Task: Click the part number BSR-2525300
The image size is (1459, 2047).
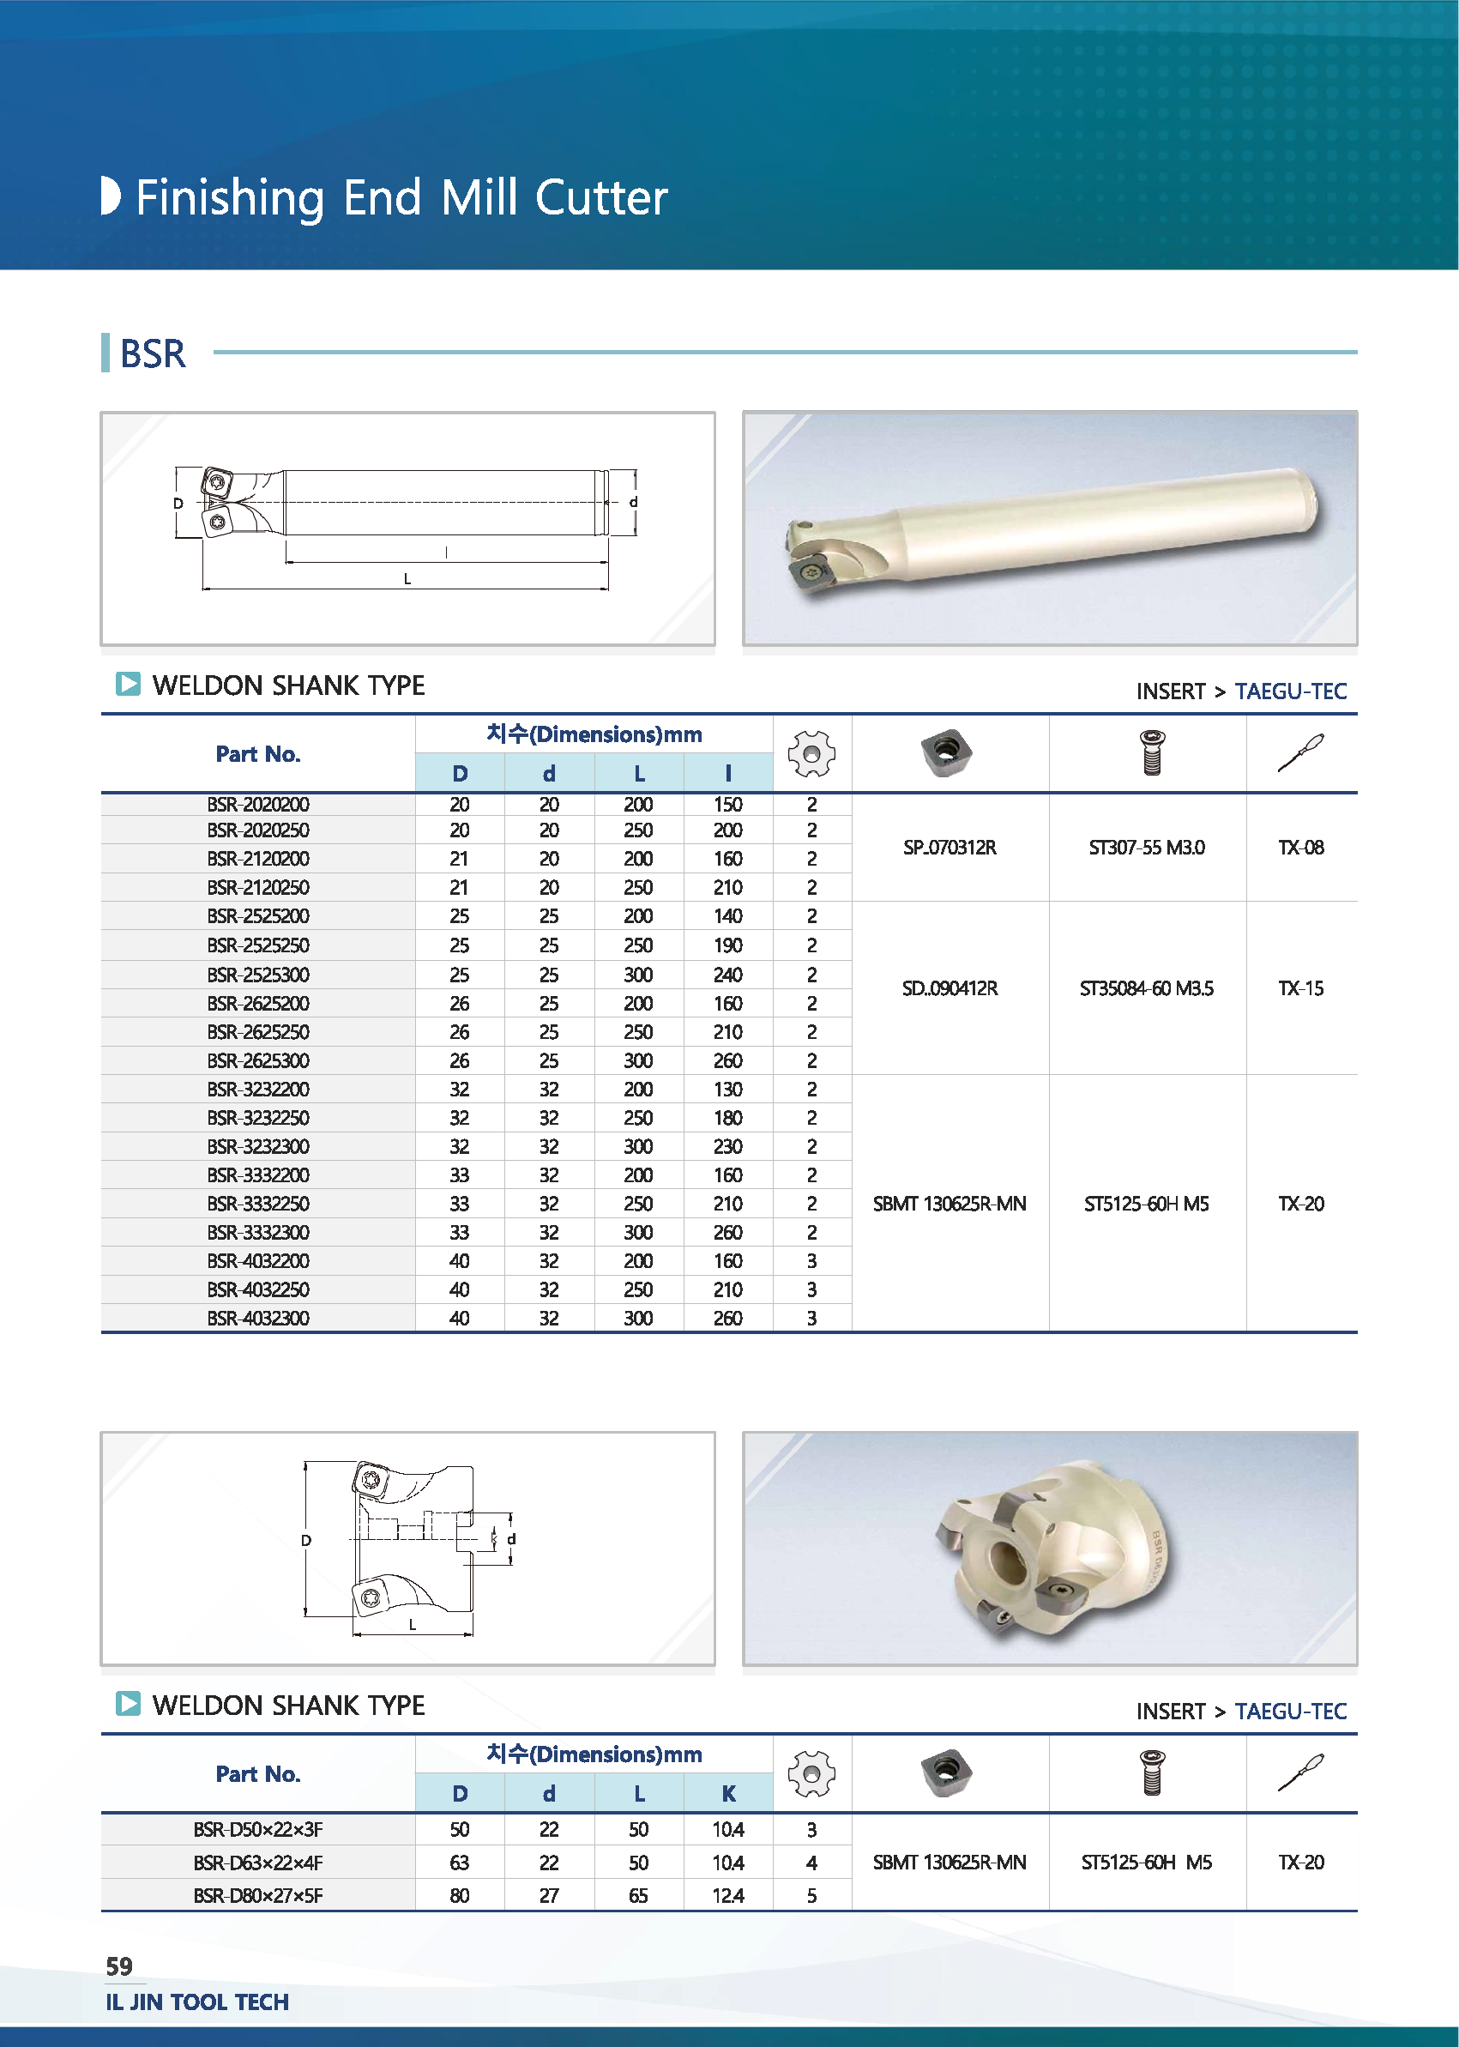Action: [258, 974]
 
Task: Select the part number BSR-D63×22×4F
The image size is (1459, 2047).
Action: [258, 1863]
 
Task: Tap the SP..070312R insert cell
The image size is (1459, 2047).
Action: [950, 848]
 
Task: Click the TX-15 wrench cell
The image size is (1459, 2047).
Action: [1300, 988]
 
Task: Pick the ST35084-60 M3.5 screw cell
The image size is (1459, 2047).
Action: [1146, 988]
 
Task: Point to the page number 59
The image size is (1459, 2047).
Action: [119, 1966]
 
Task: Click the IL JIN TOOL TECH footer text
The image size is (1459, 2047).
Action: [196, 2002]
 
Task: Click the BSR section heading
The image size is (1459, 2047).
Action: [153, 354]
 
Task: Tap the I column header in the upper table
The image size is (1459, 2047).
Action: [727, 773]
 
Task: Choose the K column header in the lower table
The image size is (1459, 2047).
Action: [727, 1794]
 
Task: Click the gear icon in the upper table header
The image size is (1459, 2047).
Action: [811, 753]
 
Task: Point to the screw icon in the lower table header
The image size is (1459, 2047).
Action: [1152, 1773]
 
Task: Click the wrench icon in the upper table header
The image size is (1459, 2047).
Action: [1300, 753]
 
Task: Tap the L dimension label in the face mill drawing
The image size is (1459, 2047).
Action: [413, 1624]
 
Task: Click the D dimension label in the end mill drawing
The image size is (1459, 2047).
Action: [178, 504]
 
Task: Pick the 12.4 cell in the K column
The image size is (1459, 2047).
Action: [727, 1895]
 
